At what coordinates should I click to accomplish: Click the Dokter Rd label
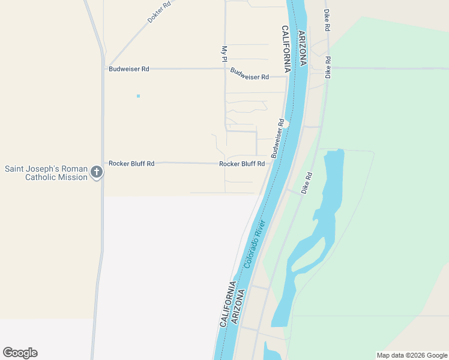[159, 12]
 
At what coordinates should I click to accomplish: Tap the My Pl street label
[223, 55]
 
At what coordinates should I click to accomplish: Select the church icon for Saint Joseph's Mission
[97, 173]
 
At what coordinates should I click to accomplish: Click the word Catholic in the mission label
[44, 178]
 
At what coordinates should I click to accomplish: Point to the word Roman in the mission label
[73, 169]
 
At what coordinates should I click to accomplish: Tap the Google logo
[20, 353]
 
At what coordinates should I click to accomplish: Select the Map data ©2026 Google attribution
[411, 355]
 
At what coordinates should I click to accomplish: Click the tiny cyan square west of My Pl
[138, 96]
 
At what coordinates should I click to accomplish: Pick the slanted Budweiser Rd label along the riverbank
[277, 139]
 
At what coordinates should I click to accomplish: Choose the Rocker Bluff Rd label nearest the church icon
[131, 163]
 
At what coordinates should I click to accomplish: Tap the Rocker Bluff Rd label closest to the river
[242, 164]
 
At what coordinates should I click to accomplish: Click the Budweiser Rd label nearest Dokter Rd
[128, 69]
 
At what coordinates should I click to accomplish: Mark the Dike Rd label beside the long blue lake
[307, 183]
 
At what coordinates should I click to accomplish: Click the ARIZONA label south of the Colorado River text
[238, 307]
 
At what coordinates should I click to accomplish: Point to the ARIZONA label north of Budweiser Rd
[303, 48]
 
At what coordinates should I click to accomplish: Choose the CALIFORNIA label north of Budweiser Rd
[287, 49]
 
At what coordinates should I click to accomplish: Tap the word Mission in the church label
[74, 178]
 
